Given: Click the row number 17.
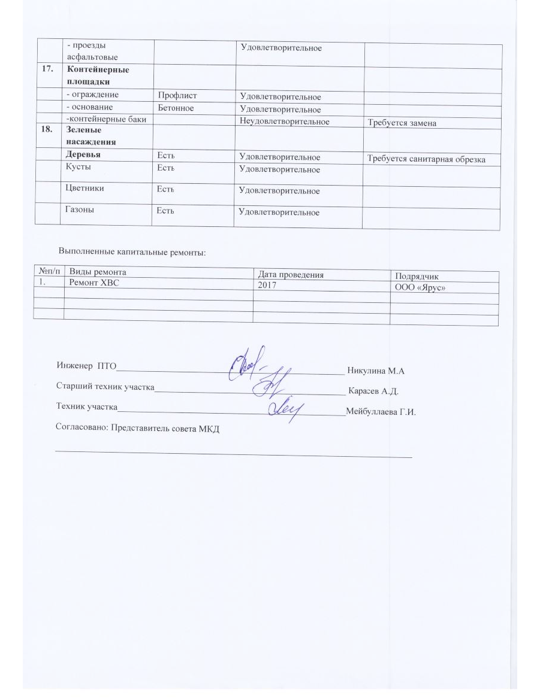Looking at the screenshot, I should [47, 69].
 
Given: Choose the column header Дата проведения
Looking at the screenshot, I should [290, 275].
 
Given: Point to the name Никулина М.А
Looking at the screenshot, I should [376, 371].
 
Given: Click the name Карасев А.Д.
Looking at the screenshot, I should [373, 392].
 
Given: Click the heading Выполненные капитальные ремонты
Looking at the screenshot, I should [132, 252].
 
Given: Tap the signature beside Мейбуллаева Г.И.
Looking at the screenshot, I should [286, 408].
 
